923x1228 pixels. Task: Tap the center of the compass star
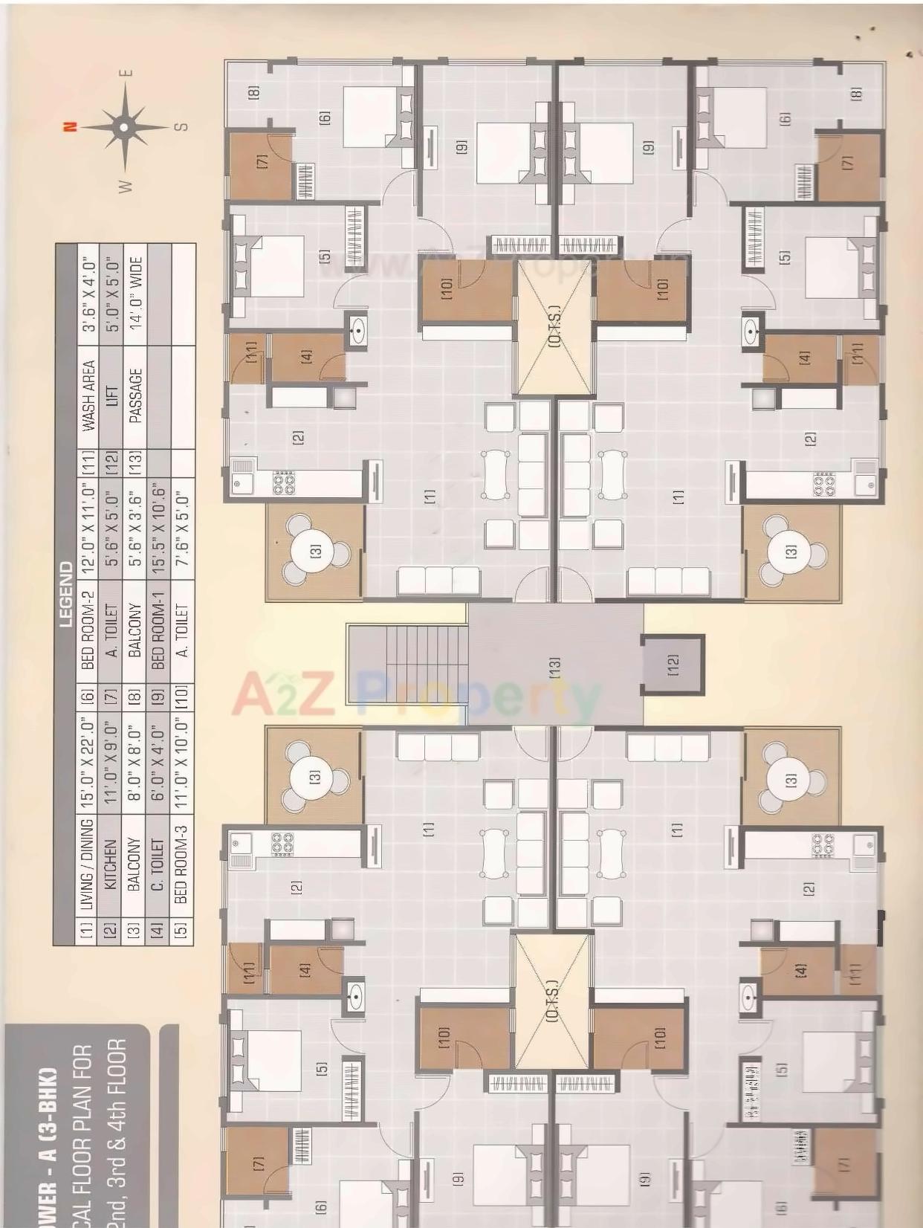124,127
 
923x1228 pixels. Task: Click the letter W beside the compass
126,185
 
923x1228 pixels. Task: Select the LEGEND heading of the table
65,595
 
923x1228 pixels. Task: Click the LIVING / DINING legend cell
88,862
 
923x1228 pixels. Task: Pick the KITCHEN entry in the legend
111,862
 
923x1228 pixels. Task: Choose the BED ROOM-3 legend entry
182,862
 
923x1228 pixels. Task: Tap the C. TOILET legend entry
158,862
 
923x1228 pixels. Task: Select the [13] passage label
554,666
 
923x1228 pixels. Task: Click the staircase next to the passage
407,664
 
